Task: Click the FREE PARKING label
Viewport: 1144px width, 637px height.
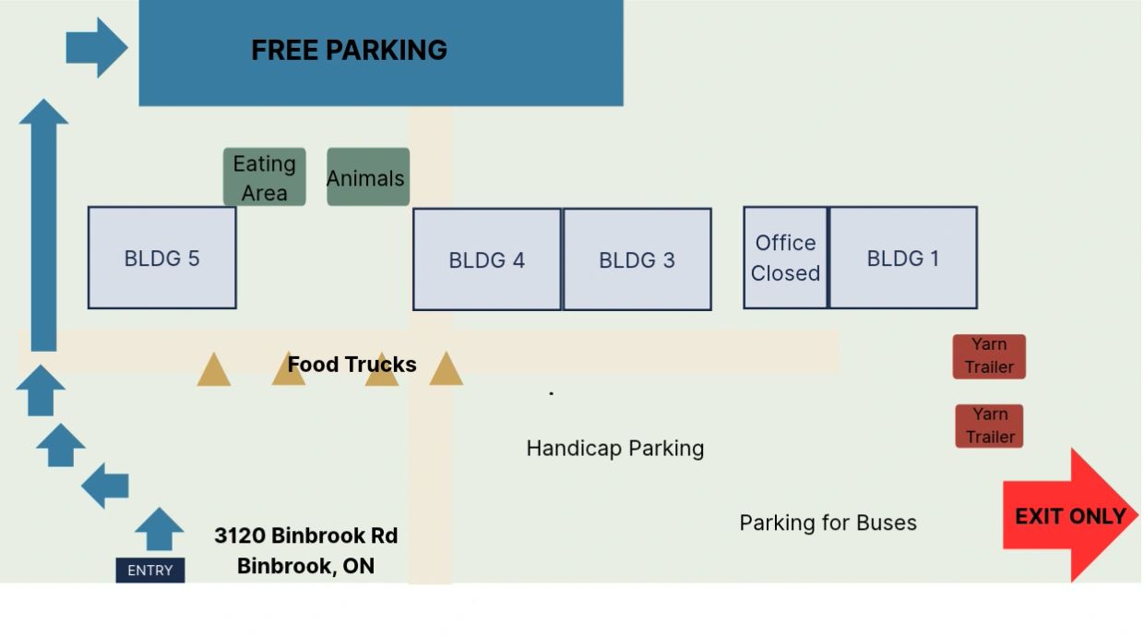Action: point(349,50)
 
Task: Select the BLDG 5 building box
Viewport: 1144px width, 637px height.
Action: point(161,258)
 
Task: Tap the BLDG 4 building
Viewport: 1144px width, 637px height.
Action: point(487,259)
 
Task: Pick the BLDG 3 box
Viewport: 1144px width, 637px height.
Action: point(637,259)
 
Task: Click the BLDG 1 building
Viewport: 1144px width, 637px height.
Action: point(903,258)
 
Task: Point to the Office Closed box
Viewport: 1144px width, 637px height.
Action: point(785,258)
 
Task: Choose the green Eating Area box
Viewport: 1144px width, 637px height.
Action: point(265,177)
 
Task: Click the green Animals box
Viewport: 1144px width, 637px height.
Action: point(368,177)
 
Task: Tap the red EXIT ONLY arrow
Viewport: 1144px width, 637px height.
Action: point(1070,515)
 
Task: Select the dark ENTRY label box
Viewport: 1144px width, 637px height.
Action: point(150,570)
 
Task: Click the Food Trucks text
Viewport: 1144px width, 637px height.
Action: point(352,365)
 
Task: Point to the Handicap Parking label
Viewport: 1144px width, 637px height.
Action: point(614,449)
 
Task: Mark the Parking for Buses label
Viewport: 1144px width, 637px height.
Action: point(828,523)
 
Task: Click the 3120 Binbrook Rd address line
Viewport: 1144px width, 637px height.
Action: point(306,535)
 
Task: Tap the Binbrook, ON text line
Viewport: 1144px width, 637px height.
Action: point(306,566)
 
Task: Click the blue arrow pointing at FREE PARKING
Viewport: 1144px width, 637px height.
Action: point(97,48)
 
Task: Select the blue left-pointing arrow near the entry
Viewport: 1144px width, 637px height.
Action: point(105,486)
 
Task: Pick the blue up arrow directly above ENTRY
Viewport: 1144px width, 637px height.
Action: point(160,529)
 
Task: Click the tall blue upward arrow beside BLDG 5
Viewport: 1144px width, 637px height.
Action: point(43,225)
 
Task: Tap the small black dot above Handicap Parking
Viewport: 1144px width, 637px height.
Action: point(551,393)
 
